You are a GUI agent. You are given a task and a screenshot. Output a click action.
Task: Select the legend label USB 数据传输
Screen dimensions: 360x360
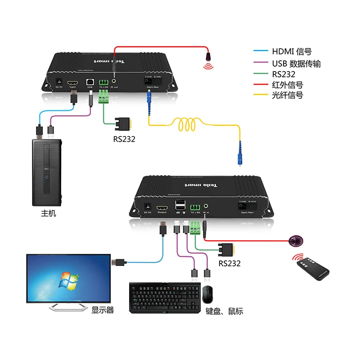tap(296, 63)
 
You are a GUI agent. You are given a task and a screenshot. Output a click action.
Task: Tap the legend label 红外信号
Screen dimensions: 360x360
tap(288, 85)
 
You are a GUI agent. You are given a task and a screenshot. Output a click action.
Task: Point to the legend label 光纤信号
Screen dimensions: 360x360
tap(288, 95)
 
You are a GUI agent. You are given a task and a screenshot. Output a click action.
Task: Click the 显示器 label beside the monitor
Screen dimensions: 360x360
tap(103, 310)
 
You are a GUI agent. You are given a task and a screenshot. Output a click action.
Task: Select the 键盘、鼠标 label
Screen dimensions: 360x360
tap(224, 311)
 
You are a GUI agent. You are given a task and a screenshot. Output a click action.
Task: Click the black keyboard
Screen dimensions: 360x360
tap(164, 297)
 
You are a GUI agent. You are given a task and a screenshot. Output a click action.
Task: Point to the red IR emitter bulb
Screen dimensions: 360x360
tap(209, 57)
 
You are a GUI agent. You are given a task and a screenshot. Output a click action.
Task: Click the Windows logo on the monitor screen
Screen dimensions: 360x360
tap(67, 280)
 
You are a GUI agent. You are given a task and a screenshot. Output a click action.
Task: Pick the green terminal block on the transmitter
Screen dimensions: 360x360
tap(103, 95)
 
